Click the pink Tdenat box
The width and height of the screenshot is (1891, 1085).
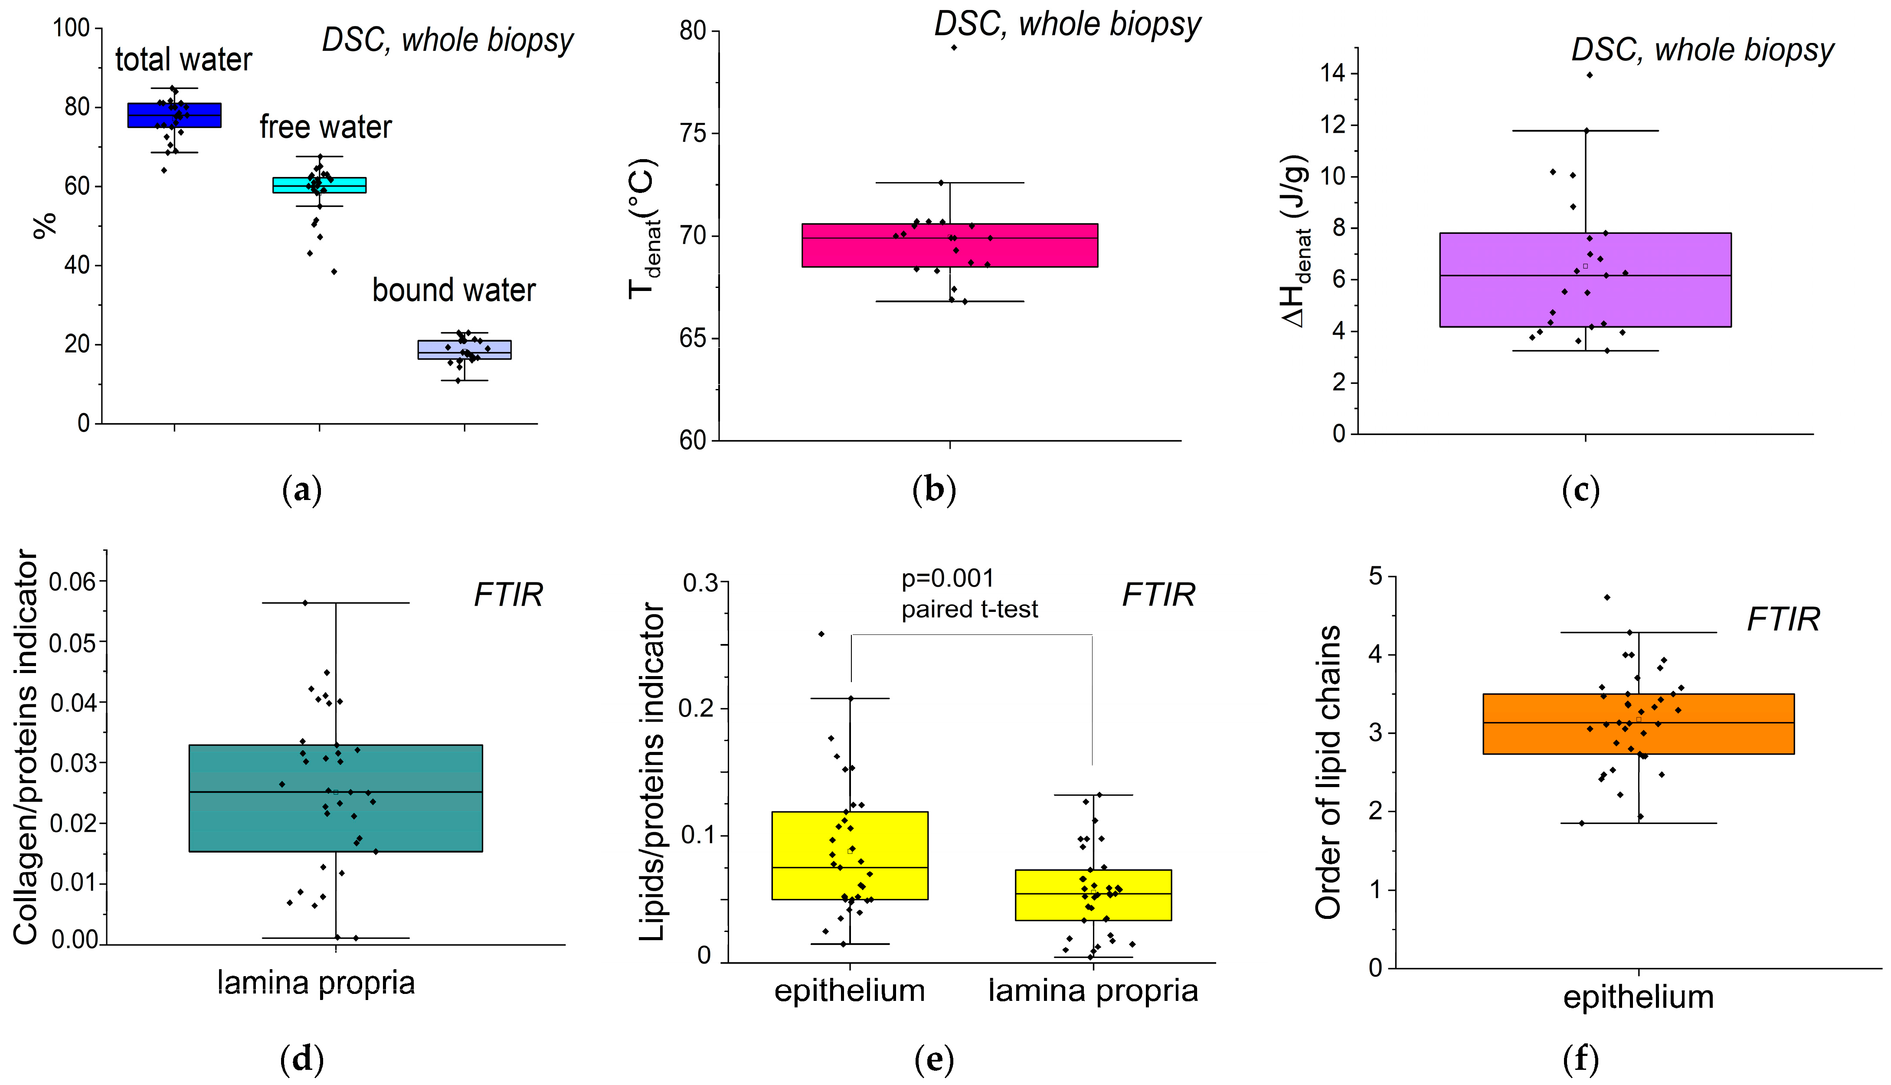pos(949,245)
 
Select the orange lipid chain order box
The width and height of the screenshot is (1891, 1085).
pos(1639,724)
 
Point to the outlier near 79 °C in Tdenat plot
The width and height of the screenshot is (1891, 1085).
pos(954,48)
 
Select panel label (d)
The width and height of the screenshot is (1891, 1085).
pos(302,1058)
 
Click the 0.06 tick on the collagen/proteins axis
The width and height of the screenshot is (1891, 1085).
pos(72,581)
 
